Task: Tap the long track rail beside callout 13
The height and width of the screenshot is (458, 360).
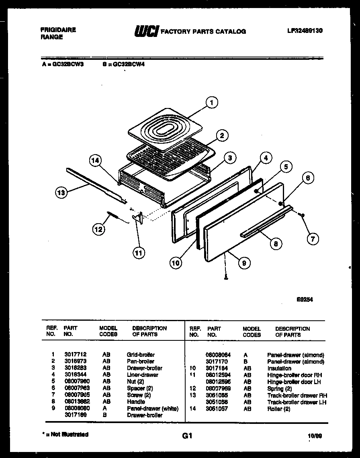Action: coord(96,185)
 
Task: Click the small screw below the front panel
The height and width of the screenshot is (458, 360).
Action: coord(226,277)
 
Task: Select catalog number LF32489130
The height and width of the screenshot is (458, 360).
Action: coord(305,31)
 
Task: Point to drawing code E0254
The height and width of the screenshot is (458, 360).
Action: coord(305,299)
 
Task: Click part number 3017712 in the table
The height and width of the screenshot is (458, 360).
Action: coord(75,355)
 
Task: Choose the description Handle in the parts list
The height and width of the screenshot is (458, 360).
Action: coord(136,402)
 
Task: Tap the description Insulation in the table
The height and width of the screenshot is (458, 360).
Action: coord(279,368)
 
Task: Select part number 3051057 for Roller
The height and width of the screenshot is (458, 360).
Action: coord(217,409)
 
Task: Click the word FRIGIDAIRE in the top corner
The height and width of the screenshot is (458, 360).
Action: coord(58,30)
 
